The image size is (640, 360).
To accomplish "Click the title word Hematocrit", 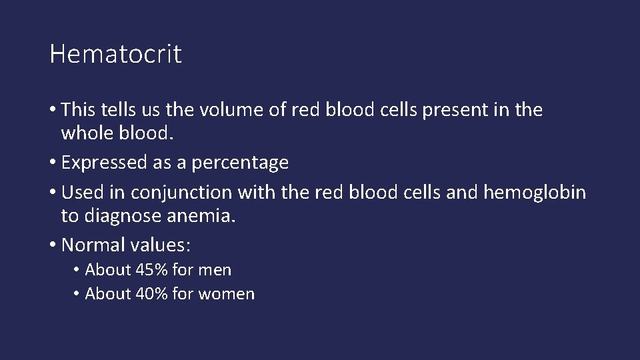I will tap(115, 54).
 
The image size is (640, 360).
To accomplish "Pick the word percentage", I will tap(239, 163).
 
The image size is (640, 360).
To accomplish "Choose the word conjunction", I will tap(181, 193).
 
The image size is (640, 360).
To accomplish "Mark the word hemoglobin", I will tap(535, 193).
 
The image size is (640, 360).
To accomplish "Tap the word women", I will tap(226, 294).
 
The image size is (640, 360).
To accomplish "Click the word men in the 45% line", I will tap(215, 271).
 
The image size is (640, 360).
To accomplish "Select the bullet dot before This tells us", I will tap(53, 110).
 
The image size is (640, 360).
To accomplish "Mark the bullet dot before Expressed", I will tap(53, 162).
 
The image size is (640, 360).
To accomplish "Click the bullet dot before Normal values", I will tap(53, 245).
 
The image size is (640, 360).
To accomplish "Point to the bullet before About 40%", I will tap(77, 294).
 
